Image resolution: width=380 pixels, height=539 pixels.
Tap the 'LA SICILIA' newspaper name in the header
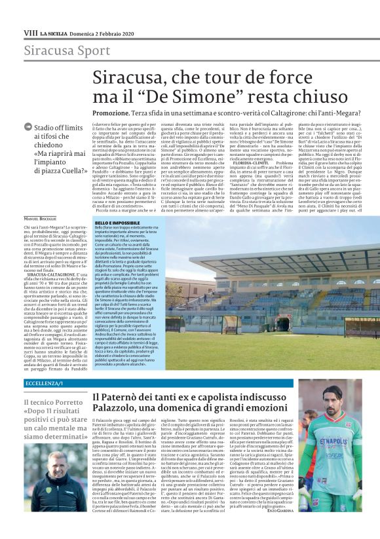coord(52,32)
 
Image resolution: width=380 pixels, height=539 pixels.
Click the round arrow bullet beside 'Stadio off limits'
coord(28,128)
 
